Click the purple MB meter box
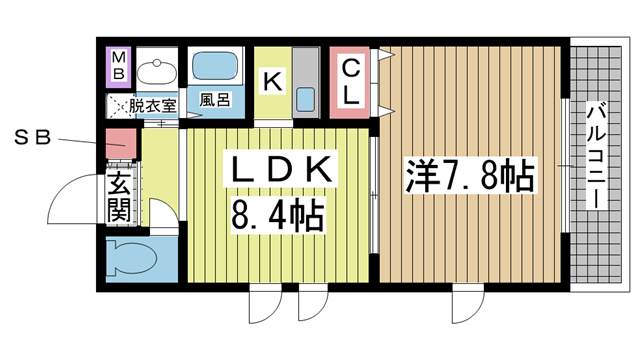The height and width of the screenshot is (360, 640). pos(118,66)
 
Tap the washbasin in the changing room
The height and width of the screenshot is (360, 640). pos(155,72)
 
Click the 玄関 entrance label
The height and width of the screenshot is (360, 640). pos(118,198)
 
